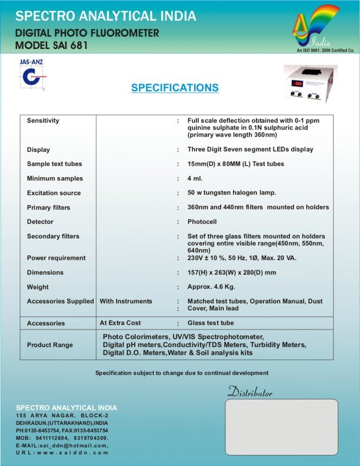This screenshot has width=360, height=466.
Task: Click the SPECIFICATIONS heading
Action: click(x=175, y=88)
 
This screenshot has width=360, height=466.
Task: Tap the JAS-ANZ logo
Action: click(x=31, y=74)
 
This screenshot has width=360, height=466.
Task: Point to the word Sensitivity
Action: click(x=43, y=121)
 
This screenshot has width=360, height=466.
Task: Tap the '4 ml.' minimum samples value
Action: click(x=195, y=178)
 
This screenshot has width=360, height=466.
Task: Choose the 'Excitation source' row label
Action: click(x=54, y=193)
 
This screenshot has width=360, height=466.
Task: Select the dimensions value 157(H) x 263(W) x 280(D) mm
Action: click(x=232, y=272)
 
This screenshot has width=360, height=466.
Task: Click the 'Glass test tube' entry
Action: click(x=211, y=323)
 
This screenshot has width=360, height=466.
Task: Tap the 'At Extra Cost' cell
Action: click(x=122, y=323)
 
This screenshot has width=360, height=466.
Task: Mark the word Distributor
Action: click(x=250, y=392)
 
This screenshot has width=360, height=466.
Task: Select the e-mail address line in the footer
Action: click(x=62, y=445)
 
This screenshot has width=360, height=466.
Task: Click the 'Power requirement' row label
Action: click(x=56, y=258)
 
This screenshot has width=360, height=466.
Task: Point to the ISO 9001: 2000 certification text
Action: click(x=321, y=51)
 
